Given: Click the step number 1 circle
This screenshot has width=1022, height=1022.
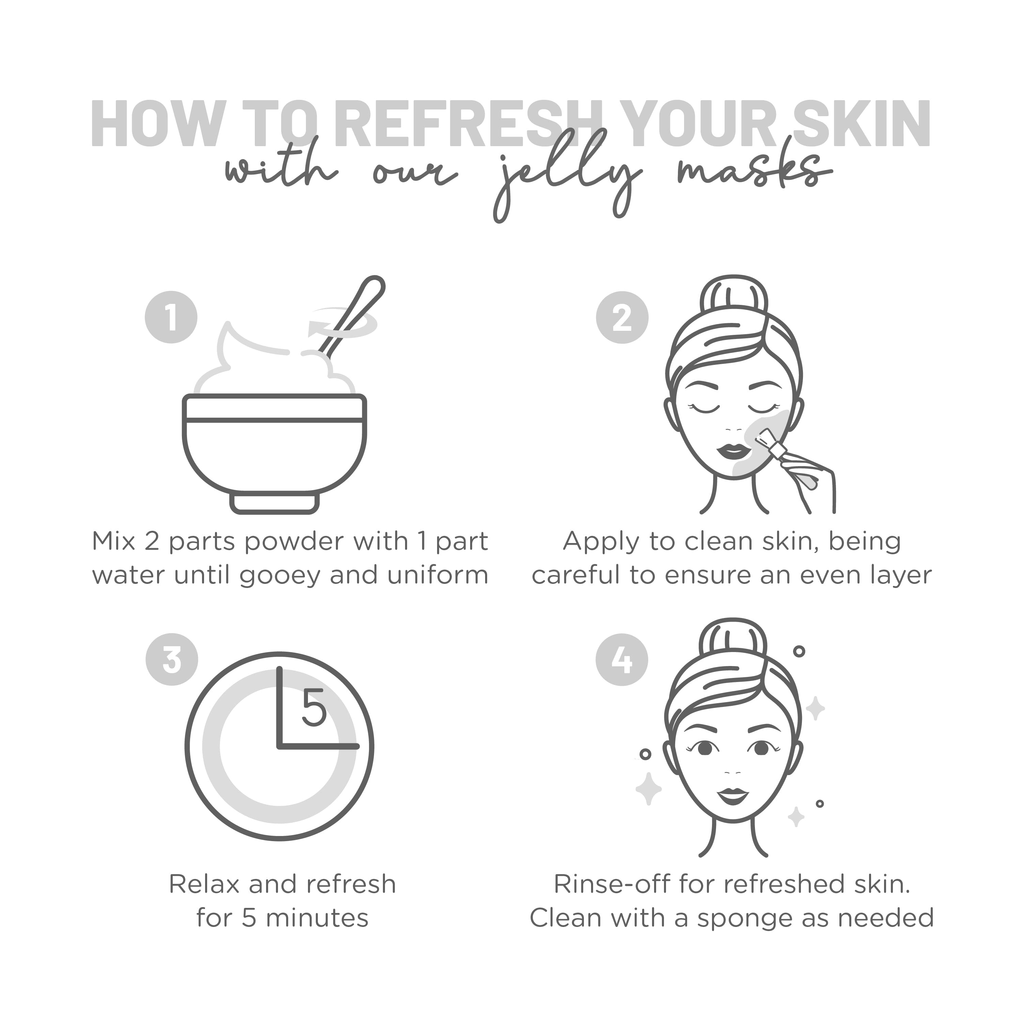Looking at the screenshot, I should pos(171,318).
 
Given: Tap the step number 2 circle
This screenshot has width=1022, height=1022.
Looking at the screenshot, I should pos(622,318).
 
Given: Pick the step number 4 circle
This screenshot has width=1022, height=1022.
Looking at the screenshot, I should pos(622,660).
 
